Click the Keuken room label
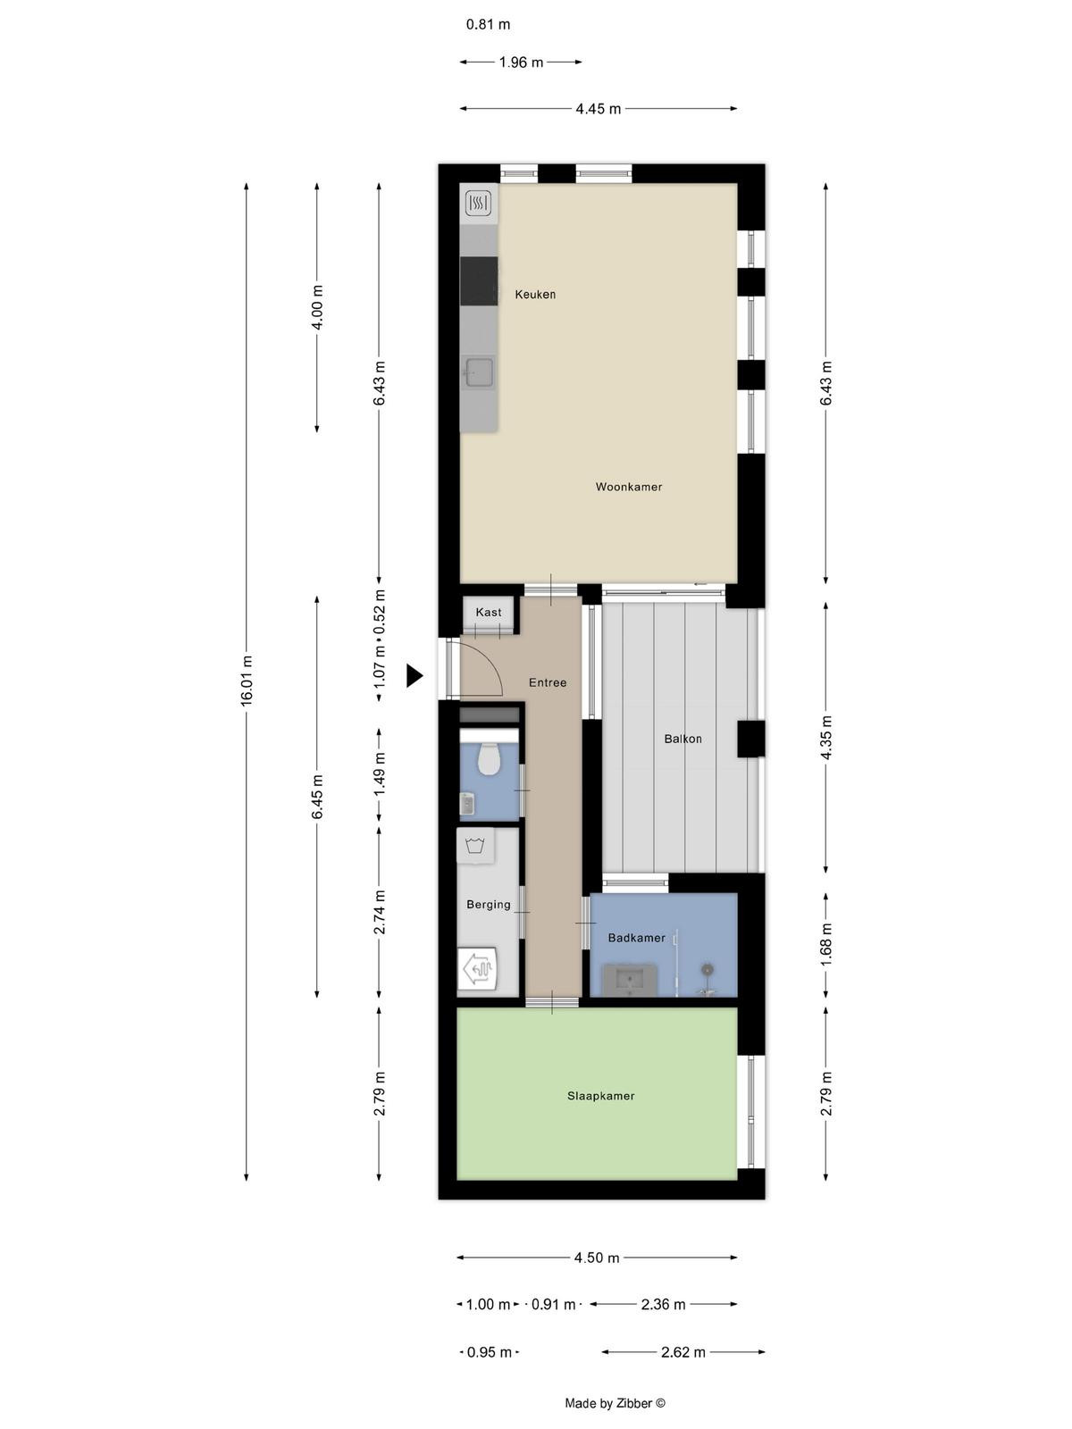pyautogui.click(x=535, y=294)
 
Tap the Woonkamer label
pyautogui.click(x=629, y=487)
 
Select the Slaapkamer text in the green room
pyautogui.click(x=600, y=1096)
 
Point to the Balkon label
pyautogui.click(x=683, y=739)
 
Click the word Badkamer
pyautogui.click(x=637, y=938)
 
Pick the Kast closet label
pyautogui.click(x=488, y=612)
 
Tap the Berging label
pyautogui.click(x=488, y=904)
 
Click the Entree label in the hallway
pyautogui.click(x=548, y=682)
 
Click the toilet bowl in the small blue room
pyautogui.click(x=488, y=759)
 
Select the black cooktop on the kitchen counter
pyautogui.click(x=479, y=280)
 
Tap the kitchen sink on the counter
pyautogui.click(x=479, y=372)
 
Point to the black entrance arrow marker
pyautogui.click(x=414, y=676)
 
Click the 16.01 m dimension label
pyautogui.click(x=246, y=681)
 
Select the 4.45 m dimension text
pyautogui.click(x=598, y=109)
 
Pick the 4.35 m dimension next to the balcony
pyautogui.click(x=826, y=738)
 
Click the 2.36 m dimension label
pyautogui.click(x=663, y=1304)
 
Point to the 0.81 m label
pyautogui.click(x=488, y=25)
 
